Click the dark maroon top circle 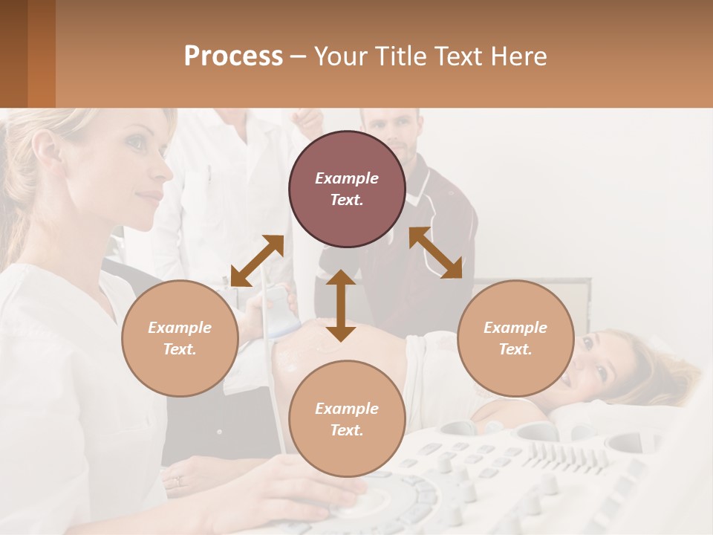(x=347, y=189)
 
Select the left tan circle (x=180, y=338)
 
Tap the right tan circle (x=515, y=338)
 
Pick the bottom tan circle (x=347, y=419)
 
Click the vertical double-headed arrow (x=341, y=305)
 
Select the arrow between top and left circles (x=257, y=261)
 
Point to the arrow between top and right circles (x=436, y=253)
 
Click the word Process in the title (x=233, y=56)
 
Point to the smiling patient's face (x=590, y=360)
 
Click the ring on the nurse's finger (x=177, y=481)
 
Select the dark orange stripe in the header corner (x=41, y=53)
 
